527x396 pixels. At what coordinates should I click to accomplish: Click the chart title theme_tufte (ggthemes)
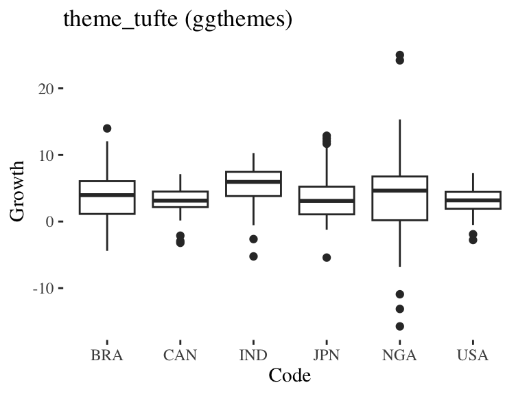click(178, 19)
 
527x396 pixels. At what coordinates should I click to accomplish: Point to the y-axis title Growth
click(18, 190)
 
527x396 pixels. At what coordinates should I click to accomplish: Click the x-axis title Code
click(290, 375)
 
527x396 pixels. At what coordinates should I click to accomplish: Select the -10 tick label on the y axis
click(43, 288)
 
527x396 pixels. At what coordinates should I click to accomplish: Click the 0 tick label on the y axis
click(50, 222)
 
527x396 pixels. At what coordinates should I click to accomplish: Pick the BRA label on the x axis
click(107, 355)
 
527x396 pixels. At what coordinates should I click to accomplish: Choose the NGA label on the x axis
click(399, 355)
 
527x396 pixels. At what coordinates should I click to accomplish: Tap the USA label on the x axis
click(473, 355)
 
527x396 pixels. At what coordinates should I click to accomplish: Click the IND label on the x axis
click(253, 355)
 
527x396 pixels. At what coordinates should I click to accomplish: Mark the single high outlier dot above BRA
click(107, 129)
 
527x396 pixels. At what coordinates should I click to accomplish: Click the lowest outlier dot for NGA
click(399, 326)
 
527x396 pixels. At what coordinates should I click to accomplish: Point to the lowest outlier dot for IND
click(253, 256)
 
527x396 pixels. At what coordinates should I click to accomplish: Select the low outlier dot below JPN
click(327, 258)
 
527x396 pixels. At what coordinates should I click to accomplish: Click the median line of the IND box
click(253, 182)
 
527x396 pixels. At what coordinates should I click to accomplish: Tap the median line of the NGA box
click(399, 190)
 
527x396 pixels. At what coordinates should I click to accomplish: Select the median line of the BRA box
click(107, 195)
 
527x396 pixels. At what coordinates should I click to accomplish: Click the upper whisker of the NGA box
click(399, 148)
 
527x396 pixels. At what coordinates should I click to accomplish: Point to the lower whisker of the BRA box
click(107, 232)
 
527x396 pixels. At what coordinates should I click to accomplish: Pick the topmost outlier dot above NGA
click(399, 54)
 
